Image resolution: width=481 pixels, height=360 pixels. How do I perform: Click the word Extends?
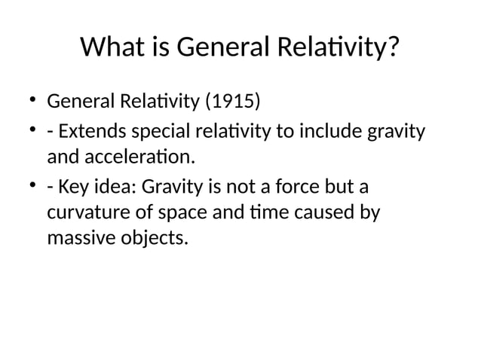(93, 133)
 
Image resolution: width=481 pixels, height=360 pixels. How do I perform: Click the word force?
(290, 186)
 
